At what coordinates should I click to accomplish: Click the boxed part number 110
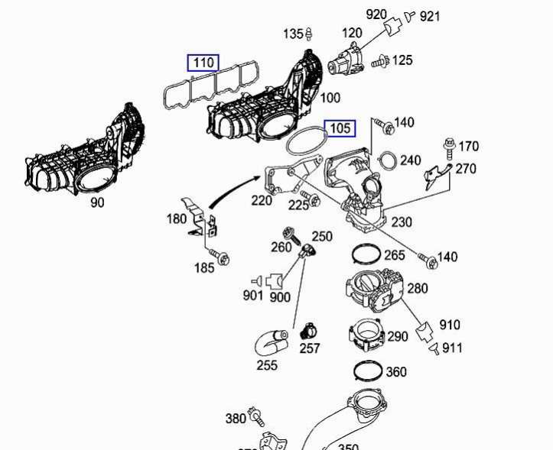pyautogui.click(x=203, y=62)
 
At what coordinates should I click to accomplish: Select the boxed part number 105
pyautogui.click(x=340, y=128)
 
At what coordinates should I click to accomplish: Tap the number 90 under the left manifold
pyautogui.click(x=97, y=202)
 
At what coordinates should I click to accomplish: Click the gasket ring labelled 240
pyautogui.click(x=388, y=160)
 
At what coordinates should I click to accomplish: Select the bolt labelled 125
pyautogui.click(x=379, y=62)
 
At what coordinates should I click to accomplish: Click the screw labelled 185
pyautogui.click(x=221, y=258)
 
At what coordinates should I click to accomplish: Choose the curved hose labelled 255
pyautogui.click(x=270, y=338)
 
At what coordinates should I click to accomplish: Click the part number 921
pyautogui.click(x=430, y=15)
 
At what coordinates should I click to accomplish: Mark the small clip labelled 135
pyautogui.click(x=309, y=34)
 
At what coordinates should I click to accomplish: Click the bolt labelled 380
pyautogui.click(x=256, y=417)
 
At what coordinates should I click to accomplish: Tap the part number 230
pyautogui.click(x=401, y=222)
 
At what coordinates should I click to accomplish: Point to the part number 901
pyautogui.click(x=253, y=295)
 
